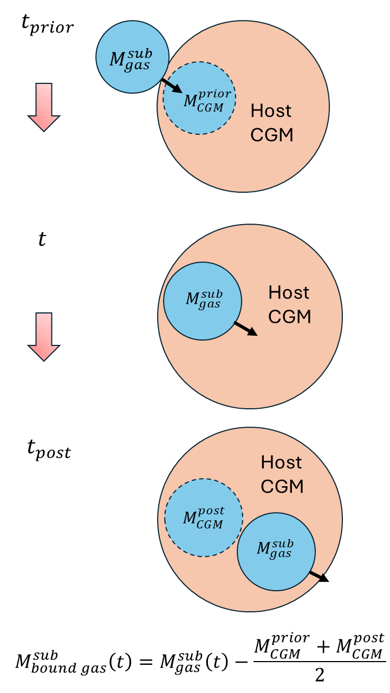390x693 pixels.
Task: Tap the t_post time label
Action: coord(49,449)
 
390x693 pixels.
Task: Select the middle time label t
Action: coord(42,239)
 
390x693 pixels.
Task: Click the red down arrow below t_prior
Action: coord(43,107)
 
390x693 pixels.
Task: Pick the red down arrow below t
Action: coord(43,336)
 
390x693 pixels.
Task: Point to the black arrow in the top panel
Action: coord(172,86)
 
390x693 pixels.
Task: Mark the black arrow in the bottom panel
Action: coord(318,576)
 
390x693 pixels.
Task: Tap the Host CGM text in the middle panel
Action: coord(290,304)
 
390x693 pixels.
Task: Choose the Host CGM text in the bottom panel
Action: coord(282,474)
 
